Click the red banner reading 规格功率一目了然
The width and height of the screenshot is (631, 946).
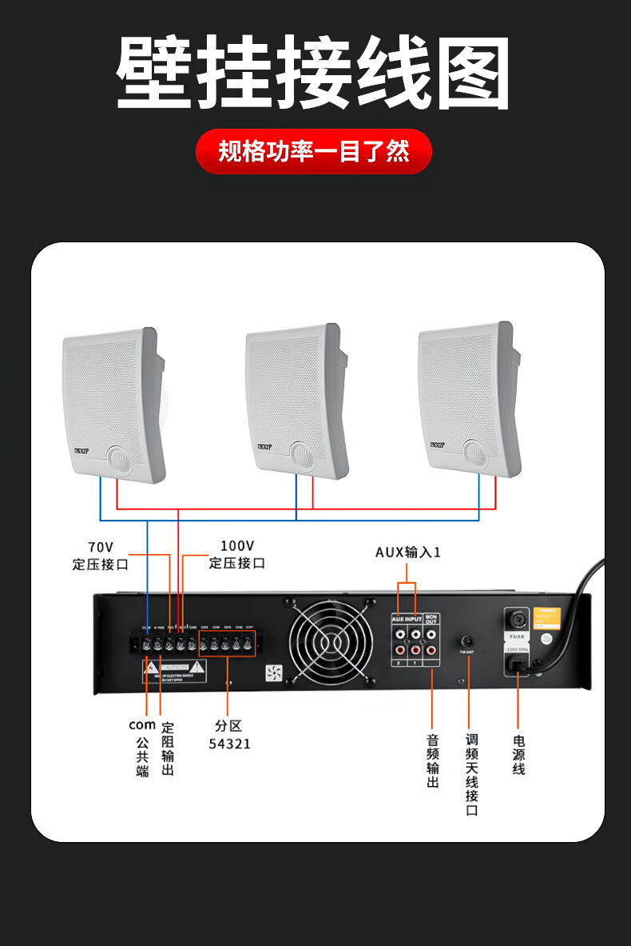(x=314, y=151)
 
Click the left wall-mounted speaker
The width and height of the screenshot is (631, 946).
(x=113, y=405)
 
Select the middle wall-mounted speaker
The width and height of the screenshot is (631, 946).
(x=296, y=400)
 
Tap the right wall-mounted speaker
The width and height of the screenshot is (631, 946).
(x=470, y=397)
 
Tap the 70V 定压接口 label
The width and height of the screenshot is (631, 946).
(x=101, y=555)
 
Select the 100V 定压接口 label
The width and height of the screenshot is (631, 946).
(x=236, y=554)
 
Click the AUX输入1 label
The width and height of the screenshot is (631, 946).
(x=408, y=553)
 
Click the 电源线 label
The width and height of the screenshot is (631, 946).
(x=519, y=754)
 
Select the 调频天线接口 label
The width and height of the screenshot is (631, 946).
(x=472, y=775)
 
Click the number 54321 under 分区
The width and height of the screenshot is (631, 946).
(x=229, y=744)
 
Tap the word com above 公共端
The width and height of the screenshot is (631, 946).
(x=142, y=725)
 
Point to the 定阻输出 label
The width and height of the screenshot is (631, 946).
(x=168, y=748)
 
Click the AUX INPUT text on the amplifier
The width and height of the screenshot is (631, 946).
(x=407, y=619)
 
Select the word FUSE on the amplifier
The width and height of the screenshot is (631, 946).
(x=517, y=637)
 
